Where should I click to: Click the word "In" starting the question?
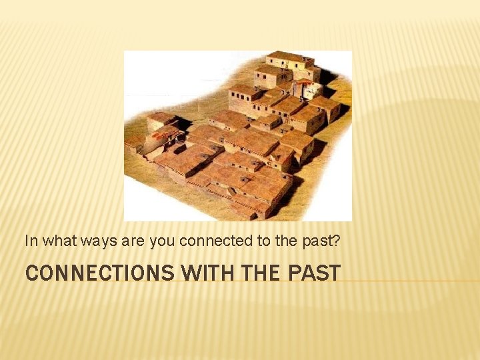(x=30, y=241)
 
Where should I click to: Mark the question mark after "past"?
(x=337, y=241)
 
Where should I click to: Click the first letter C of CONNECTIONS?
(x=31, y=273)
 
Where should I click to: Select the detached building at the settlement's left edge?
(x=160, y=121)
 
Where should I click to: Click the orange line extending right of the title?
(x=410, y=281)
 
